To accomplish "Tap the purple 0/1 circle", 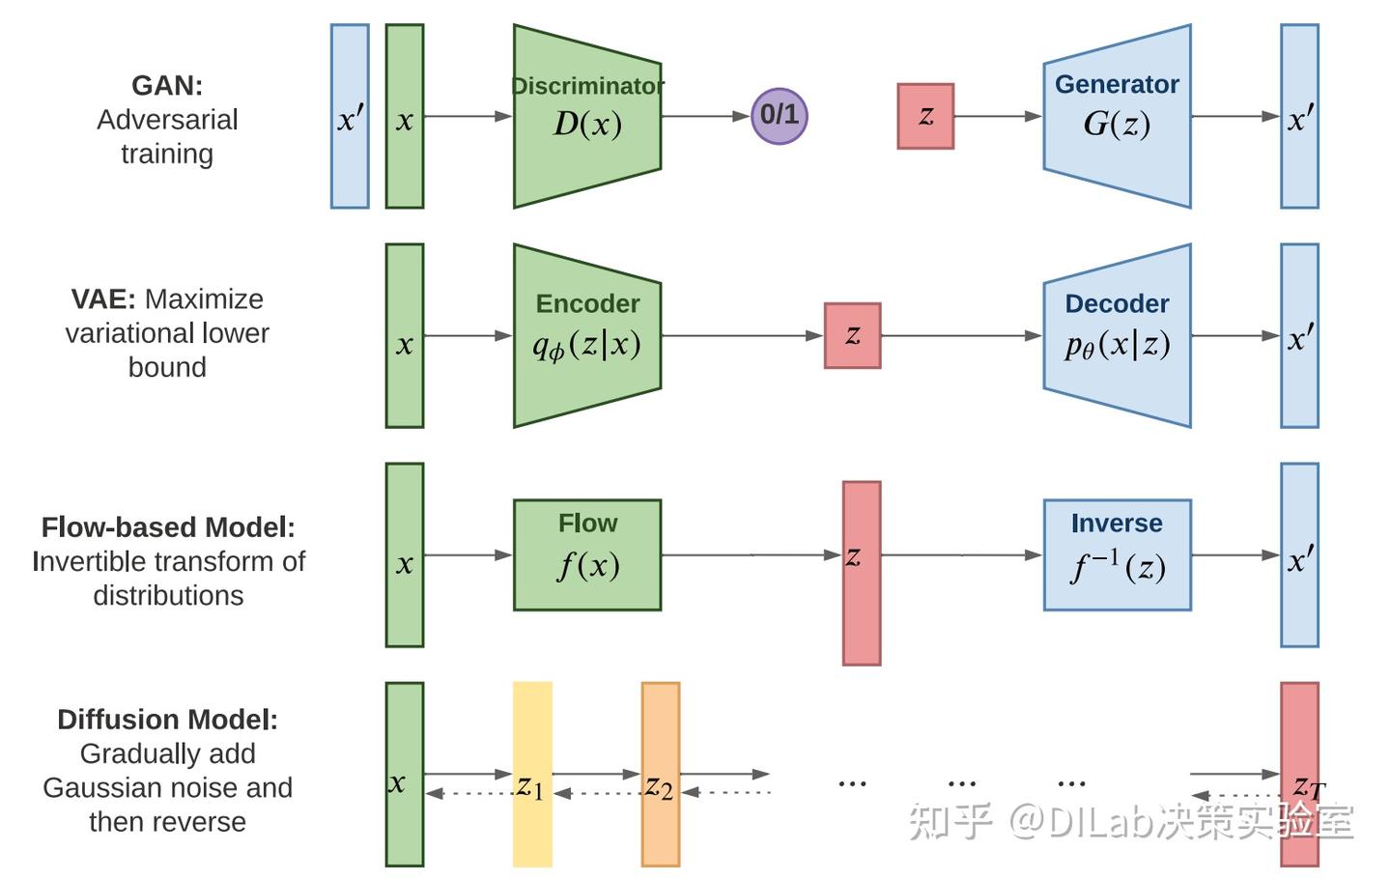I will coord(779,116).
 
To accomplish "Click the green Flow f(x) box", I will coord(586,554).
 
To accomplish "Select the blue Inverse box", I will coord(1117,554).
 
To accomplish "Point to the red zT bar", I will coord(1299,734).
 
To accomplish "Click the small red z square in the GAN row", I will coord(925,116).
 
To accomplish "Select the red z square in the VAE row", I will coord(852,335).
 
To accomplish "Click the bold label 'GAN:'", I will coord(167,86).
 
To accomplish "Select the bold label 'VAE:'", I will coord(103,299).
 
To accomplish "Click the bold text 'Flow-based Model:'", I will coord(168,527).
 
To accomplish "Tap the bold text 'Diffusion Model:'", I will coord(167,720).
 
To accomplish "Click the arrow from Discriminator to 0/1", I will coord(705,116).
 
